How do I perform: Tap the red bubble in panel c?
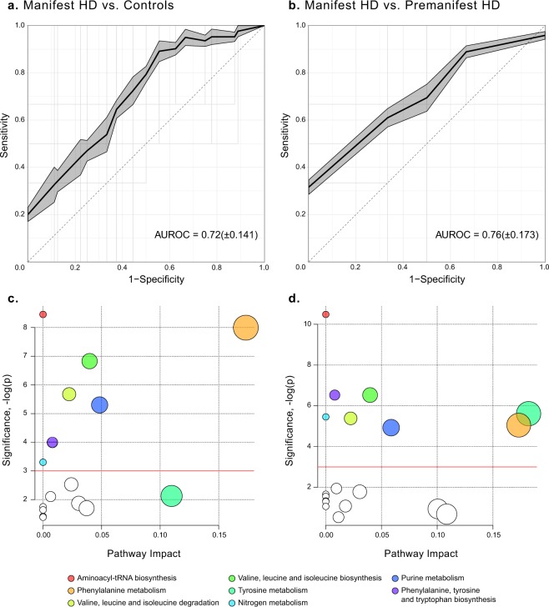point(43,314)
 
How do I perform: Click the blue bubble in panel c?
point(100,405)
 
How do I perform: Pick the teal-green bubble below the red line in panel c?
point(172,495)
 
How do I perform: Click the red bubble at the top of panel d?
point(326,314)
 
